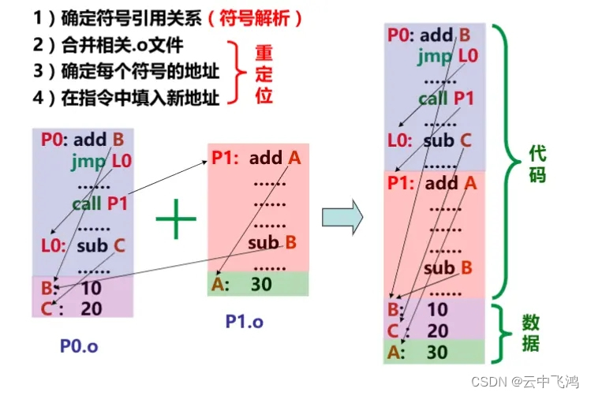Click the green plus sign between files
[x=176, y=221]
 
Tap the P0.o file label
[x=79, y=346]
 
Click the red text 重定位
[x=264, y=73]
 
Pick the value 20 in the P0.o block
[x=92, y=308]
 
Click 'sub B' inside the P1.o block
[x=271, y=242]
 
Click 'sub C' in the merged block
[x=447, y=141]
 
